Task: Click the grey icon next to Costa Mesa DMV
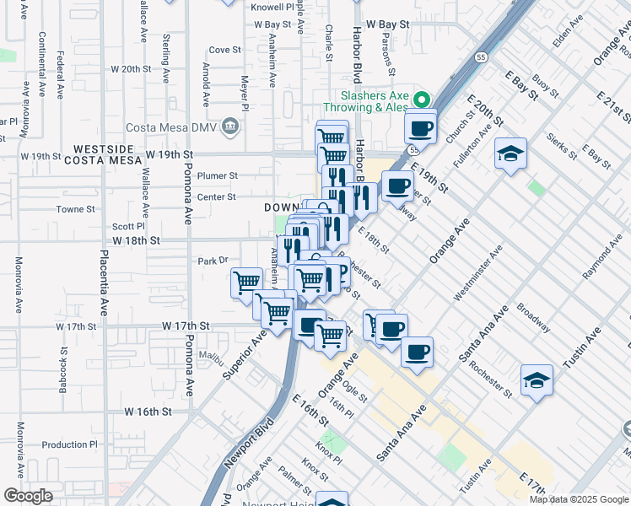point(230,128)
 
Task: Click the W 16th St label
point(148,412)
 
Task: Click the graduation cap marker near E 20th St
point(510,154)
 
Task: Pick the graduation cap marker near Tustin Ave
point(537,380)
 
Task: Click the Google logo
point(28,496)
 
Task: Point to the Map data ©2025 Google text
point(579,499)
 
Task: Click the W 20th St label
point(129,69)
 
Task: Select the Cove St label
point(224,50)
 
